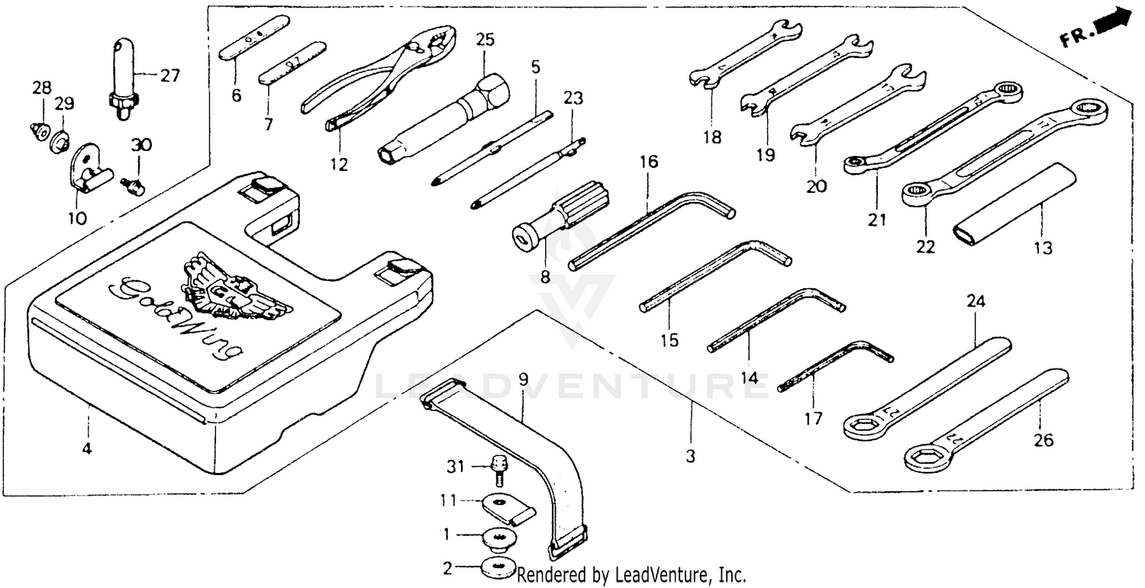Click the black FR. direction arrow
pos(1115,22)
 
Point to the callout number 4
pos(86,450)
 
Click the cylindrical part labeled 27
pos(121,79)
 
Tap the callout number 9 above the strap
pos(523,378)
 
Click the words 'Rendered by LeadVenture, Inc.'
pos(631,574)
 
